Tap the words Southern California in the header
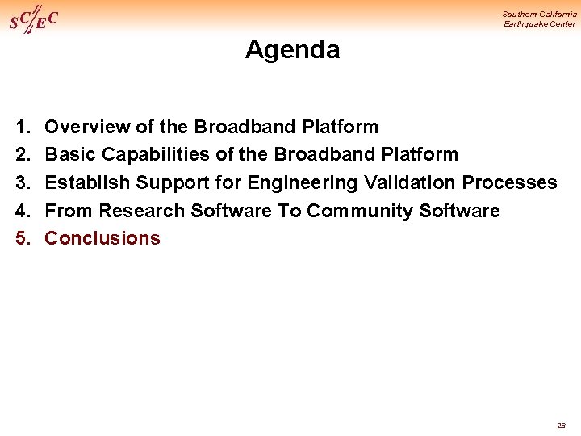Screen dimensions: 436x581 tap(539, 14)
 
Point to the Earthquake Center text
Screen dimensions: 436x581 tap(540, 24)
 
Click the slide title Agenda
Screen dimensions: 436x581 tap(292, 50)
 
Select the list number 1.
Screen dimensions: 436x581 tap(21, 127)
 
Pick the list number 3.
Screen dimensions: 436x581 tap(21, 182)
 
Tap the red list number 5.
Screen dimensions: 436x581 tap(21, 238)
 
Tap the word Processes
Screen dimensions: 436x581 tap(509, 182)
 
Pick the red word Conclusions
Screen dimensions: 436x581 tap(102, 238)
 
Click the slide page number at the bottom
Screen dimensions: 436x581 tap(561, 425)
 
